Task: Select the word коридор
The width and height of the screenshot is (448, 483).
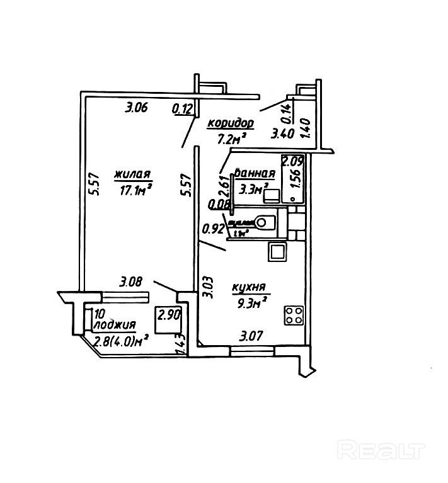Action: [x=230, y=123]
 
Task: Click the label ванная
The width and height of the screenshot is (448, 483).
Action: [x=255, y=174]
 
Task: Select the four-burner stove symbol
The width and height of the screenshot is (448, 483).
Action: [x=294, y=315]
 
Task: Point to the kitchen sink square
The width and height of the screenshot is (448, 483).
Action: [x=278, y=253]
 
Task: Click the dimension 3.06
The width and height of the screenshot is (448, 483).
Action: [x=136, y=107]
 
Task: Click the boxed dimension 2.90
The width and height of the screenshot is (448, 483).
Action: [x=169, y=314]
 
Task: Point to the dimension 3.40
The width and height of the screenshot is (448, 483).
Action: [x=281, y=133]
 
